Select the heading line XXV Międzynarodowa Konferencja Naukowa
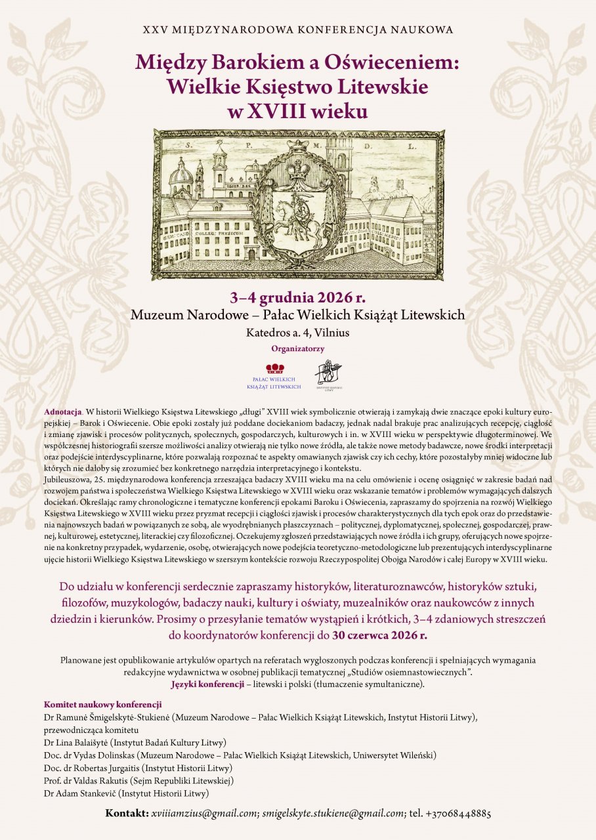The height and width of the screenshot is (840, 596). tap(297, 30)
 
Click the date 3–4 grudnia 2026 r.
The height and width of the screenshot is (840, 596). tap(297, 295)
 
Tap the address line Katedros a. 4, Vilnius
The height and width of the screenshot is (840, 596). tap(297, 333)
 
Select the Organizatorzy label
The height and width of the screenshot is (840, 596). tap(297, 349)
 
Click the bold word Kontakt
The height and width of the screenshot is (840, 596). tap(127, 814)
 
